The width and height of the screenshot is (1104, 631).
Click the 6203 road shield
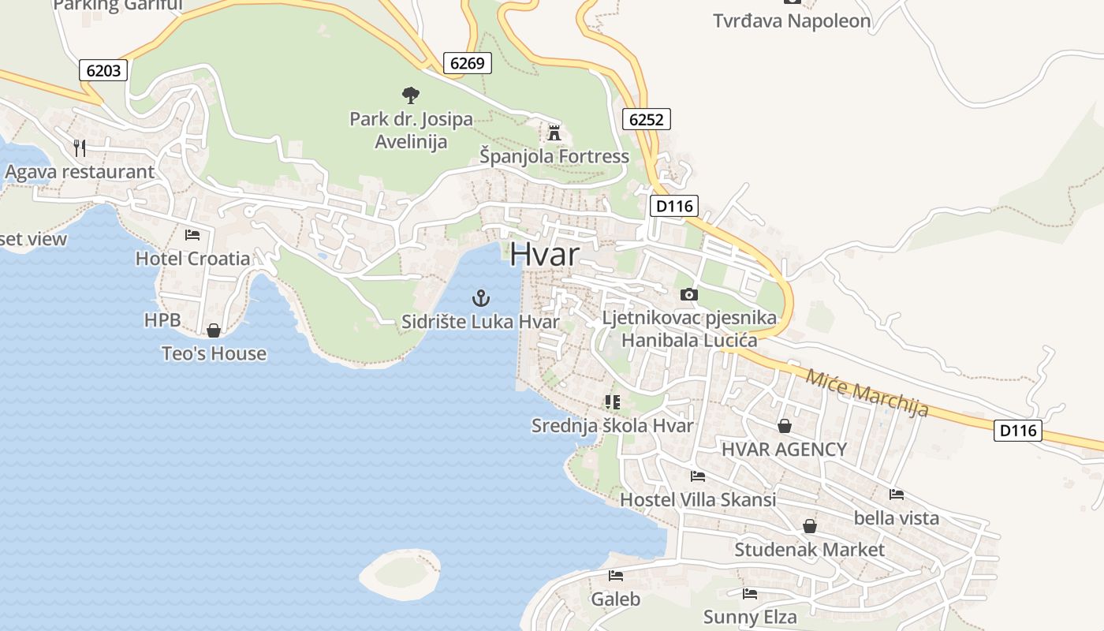(x=103, y=70)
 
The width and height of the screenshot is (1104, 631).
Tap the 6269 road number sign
(x=467, y=63)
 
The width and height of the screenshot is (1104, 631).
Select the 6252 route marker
(x=647, y=119)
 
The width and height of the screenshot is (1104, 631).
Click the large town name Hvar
(x=544, y=255)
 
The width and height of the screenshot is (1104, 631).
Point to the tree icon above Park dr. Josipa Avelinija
(x=410, y=95)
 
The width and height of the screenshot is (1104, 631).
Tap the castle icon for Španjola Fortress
(x=554, y=133)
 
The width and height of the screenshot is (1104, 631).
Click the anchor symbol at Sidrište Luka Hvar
(x=480, y=298)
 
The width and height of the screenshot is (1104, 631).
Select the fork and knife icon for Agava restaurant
(x=79, y=147)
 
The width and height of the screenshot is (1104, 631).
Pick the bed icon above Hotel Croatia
(x=192, y=234)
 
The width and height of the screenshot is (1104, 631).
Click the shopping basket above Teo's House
(x=213, y=330)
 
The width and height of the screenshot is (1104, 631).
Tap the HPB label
(x=162, y=319)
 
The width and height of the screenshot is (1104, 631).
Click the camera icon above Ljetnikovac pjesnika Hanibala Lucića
(x=688, y=294)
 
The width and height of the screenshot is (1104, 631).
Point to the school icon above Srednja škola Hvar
(x=613, y=402)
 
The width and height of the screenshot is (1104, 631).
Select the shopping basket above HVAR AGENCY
(x=785, y=426)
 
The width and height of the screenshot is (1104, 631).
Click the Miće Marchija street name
(x=867, y=392)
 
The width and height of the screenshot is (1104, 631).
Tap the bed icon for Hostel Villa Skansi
(x=697, y=476)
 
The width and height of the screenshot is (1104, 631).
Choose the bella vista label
(x=897, y=517)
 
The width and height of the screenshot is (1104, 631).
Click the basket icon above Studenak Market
(x=809, y=525)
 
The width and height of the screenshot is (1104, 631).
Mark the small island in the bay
(x=400, y=573)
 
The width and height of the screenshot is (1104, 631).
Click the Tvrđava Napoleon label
(x=792, y=21)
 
